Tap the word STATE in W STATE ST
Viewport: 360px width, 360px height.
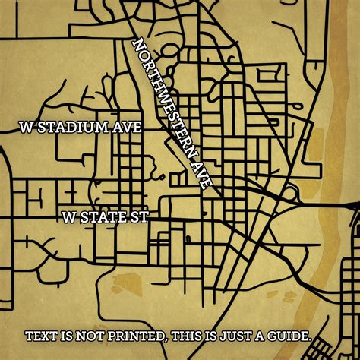99,217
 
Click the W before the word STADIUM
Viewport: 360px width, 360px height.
27,127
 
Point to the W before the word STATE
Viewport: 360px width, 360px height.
70,217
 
